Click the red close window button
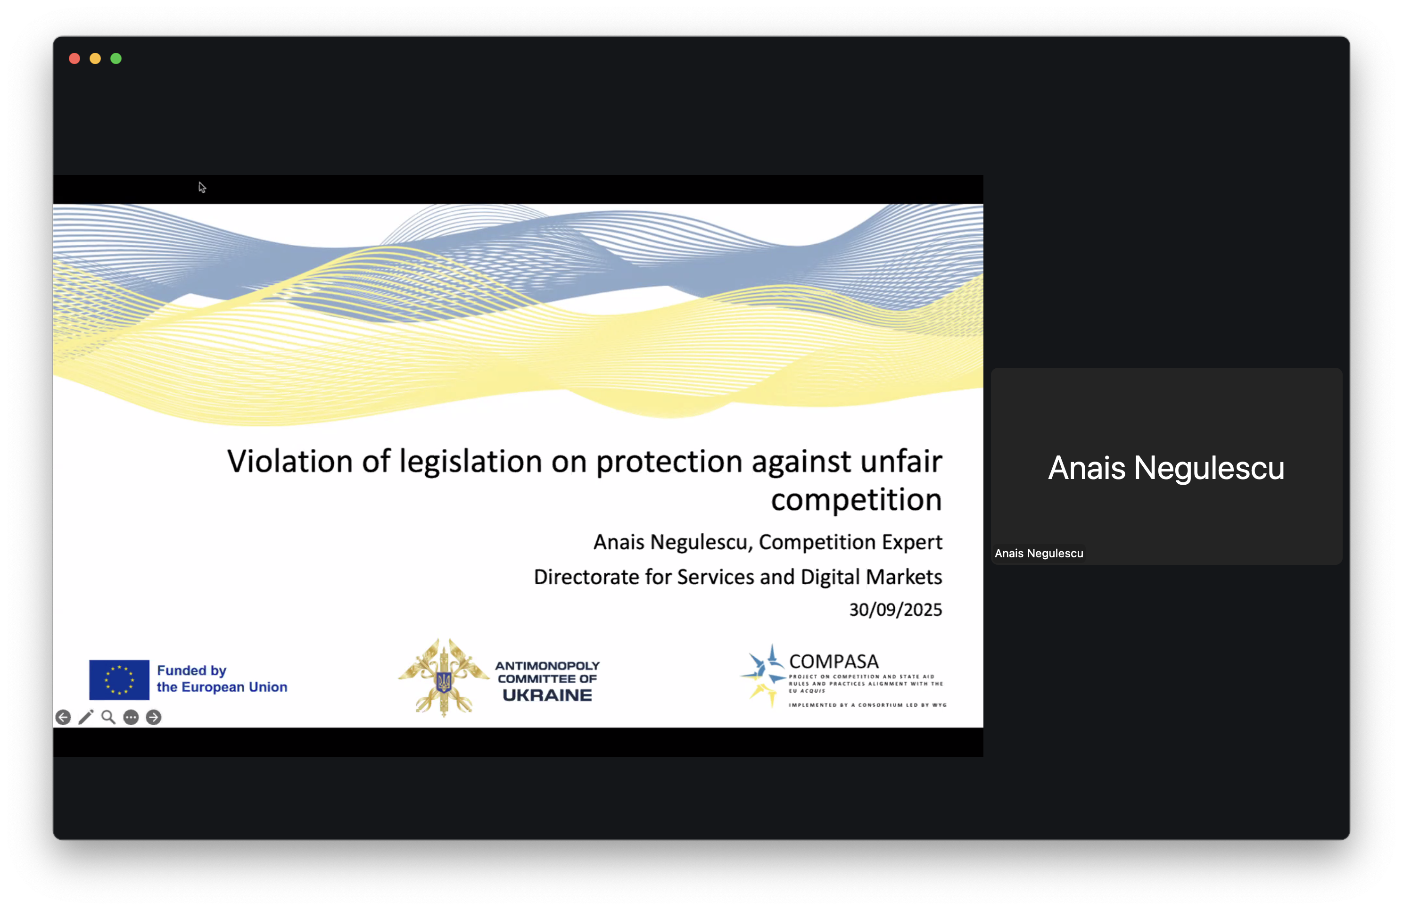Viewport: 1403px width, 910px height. [x=74, y=58]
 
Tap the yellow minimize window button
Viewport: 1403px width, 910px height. [x=95, y=58]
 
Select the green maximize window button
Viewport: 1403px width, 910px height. [x=116, y=58]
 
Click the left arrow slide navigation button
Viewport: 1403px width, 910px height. [x=63, y=717]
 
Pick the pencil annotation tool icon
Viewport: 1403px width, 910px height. [x=86, y=717]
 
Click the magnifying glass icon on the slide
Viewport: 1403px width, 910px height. [x=108, y=717]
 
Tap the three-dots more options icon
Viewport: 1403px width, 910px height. [x=131, y=717]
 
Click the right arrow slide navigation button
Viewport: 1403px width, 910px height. [x=153, y=717]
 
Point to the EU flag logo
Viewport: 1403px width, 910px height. [x=119, y=679]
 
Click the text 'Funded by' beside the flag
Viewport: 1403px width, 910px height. [x=191, y=670]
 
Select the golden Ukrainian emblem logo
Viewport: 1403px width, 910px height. [x=444, y=678]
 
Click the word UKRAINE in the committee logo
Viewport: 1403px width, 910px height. [x=547, y=695]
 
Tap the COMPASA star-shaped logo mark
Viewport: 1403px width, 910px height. [x=763, y=676]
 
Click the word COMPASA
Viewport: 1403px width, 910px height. [x=834, y=662]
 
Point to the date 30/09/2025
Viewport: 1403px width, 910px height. [x=895, y=610]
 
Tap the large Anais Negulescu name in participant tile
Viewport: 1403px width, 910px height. [x=1166, y=468]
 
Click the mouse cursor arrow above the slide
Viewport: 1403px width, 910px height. [x=202, y=187]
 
